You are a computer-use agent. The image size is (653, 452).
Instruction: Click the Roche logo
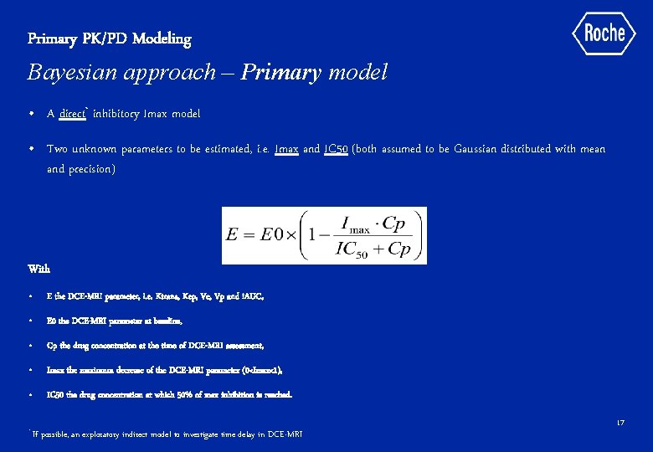click(x=604, y=33)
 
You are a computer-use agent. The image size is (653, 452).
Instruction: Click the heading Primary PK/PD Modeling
click(x=110, y=39)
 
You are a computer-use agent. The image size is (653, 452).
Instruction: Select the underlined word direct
click(x=73, y=113)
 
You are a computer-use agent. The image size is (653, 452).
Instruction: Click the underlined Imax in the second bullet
click(x=286, y=149)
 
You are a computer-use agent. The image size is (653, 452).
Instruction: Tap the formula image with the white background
click(x=324, y=235)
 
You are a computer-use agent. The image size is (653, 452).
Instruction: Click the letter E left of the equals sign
click(x=234, y=235)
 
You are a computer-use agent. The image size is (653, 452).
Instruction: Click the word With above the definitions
click(x=39, y=269)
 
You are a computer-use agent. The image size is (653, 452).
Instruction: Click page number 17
click(x=620, y=424)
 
